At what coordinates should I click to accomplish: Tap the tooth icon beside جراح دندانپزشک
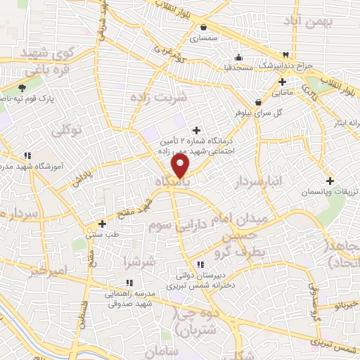tap(286, 56)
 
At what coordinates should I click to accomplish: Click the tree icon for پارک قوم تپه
tap(22, 89)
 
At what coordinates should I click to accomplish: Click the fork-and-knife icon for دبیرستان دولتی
tap(200, 265)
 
